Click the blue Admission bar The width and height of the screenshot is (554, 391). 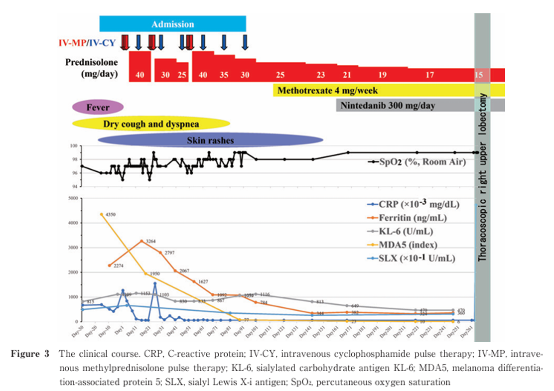click(172, 24)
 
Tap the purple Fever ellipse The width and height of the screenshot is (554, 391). click(98, 107)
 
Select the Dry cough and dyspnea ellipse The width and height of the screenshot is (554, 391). click(151, 124)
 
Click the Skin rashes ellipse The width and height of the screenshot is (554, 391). click(210, 140)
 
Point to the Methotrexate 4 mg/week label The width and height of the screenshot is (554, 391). click(327, 91)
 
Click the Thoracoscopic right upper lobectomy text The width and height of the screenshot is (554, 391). click(482, 176)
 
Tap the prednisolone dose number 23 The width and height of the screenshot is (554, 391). click(320, 75)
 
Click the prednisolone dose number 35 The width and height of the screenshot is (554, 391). click(224, 75)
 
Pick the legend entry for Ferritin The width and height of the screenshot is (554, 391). click(412, 218)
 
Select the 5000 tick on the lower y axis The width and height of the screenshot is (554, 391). click(73, 198)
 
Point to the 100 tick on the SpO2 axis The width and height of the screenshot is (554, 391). click(74, 146)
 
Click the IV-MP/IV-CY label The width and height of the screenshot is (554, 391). click(87, 43)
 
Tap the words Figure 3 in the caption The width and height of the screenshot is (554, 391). click(30, 354)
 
